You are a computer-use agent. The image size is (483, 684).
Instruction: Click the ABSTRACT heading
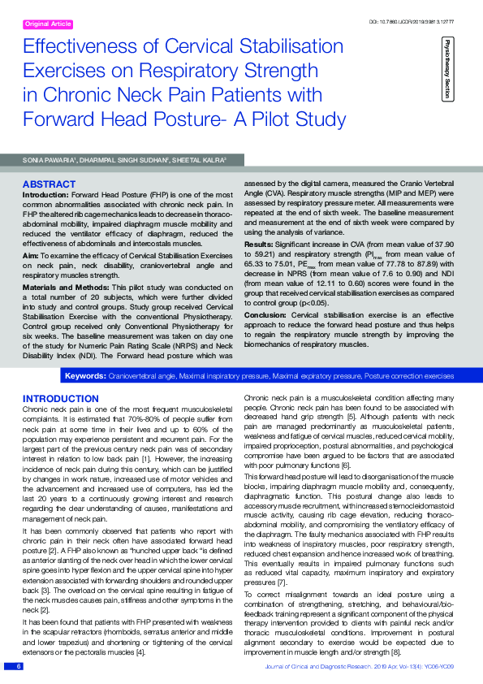49,184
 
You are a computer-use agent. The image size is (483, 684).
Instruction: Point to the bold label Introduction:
45,195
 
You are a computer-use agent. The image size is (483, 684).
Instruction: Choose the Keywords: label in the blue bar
84,376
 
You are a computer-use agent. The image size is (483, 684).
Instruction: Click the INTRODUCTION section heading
61,398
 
